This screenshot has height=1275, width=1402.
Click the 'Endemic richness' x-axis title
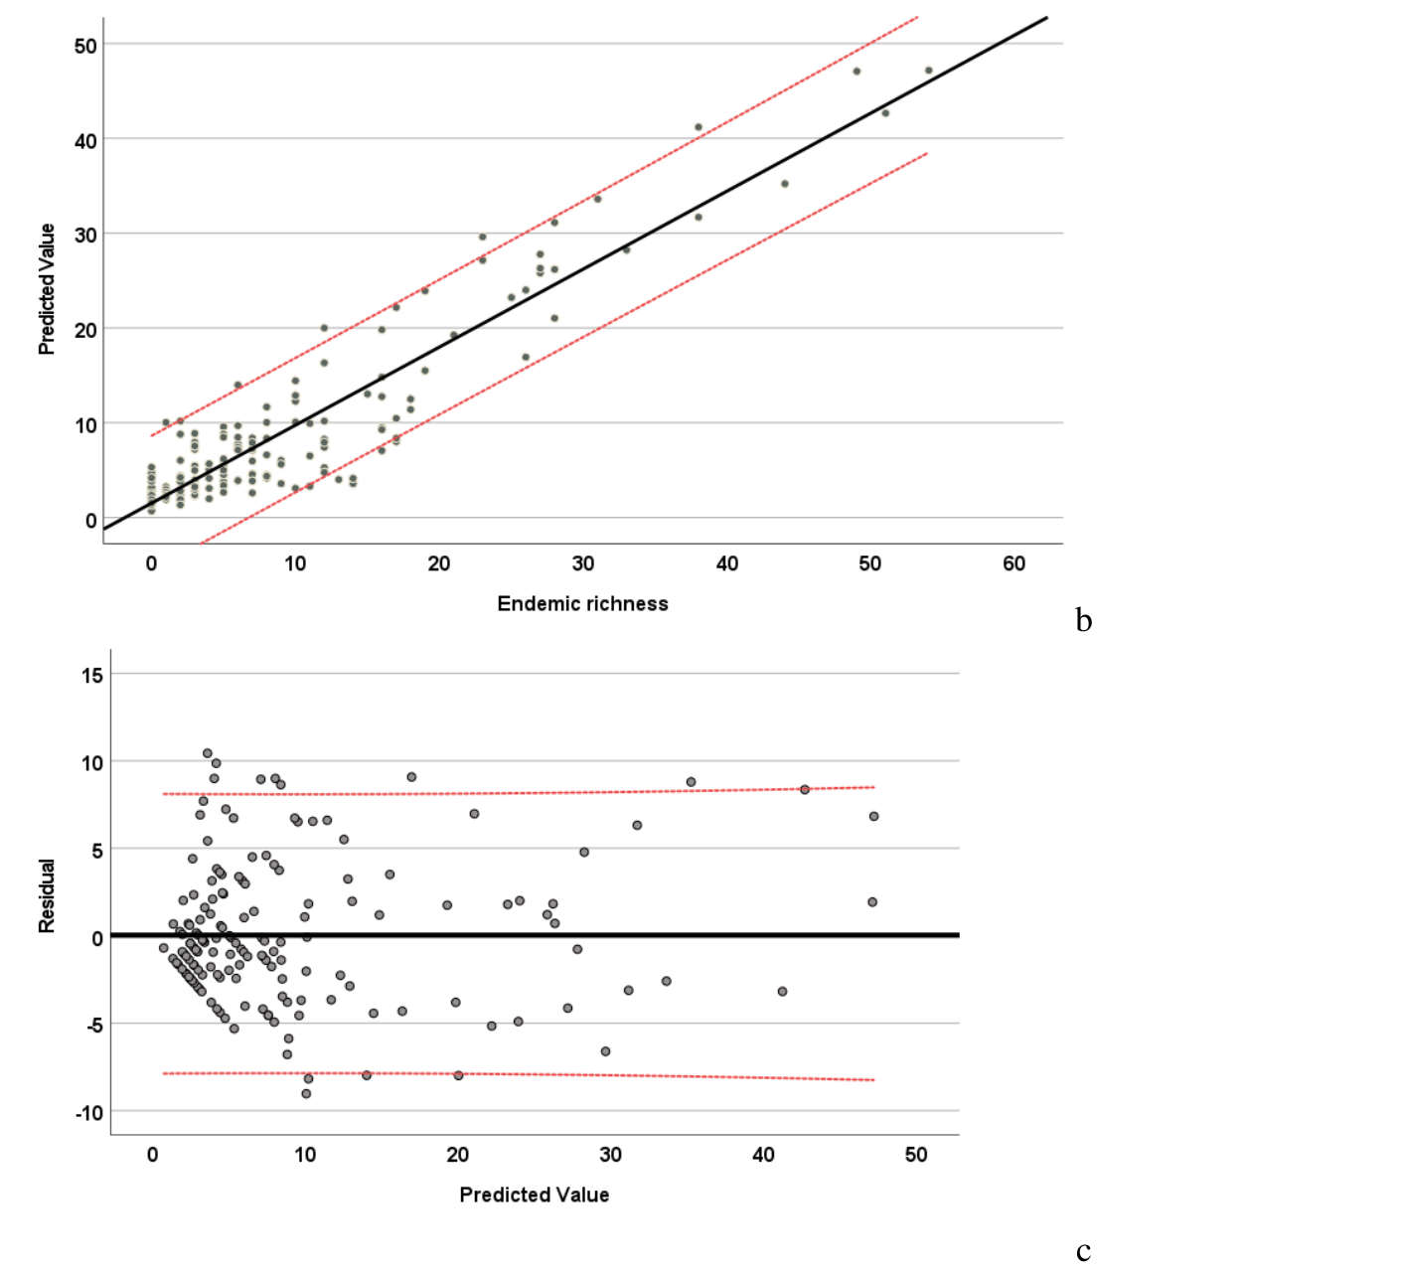(582, 603)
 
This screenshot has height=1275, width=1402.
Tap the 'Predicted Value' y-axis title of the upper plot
(47, 288)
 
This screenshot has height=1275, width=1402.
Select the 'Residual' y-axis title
(47, 895)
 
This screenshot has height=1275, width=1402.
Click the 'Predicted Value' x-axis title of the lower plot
(534, 1195)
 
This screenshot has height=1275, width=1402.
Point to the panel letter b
(1084, 621)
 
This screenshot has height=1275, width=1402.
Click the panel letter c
(1083, 1251)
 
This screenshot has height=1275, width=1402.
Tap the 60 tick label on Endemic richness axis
(1013, 563)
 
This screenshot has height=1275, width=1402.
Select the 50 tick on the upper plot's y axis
(85, 46)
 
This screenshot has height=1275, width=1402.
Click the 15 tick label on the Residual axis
(91, 676)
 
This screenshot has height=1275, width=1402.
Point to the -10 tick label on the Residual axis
(88, 1113)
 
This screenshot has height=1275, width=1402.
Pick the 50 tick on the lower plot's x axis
(916, 1155)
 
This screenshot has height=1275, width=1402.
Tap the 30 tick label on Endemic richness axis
(583, 563)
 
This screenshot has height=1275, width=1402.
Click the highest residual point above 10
(208, 753)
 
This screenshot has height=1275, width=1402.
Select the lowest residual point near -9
(306, 1093)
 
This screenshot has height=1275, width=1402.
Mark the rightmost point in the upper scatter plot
(929, 71)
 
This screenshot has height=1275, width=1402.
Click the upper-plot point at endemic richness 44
(785, 184)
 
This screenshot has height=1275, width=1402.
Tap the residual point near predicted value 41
(783, 991)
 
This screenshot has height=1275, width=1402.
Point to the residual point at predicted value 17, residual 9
(411, 777)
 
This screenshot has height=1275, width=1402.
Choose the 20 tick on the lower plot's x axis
(457, 1155)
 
